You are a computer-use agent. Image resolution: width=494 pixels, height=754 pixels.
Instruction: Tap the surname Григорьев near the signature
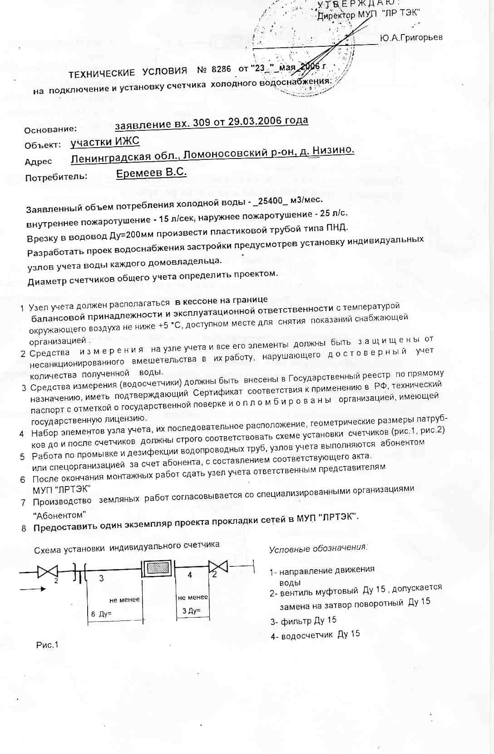[x=411, y=37]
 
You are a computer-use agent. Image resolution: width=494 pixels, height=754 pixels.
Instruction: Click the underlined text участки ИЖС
[x=105, y=142]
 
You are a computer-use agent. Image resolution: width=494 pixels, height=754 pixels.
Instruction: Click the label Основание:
[x=50, y=130]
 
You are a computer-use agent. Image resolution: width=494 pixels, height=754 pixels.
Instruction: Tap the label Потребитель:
[x=56, y=177]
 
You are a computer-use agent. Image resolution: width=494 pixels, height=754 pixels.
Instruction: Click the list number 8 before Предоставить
[x=24, y=529]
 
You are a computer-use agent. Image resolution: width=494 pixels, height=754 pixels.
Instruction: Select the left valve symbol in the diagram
[x=47, y=571]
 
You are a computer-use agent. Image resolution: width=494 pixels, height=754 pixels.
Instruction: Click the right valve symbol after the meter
[x=217, y=566]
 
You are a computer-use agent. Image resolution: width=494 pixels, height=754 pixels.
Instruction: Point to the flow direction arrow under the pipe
[x=33, y=589]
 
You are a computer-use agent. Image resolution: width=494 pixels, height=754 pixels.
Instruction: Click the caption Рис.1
[x=47, y=645]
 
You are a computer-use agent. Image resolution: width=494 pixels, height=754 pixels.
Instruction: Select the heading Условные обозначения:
[x=318, y=548]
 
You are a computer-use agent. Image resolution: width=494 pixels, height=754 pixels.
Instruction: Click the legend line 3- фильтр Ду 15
[x=303, y=620]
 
